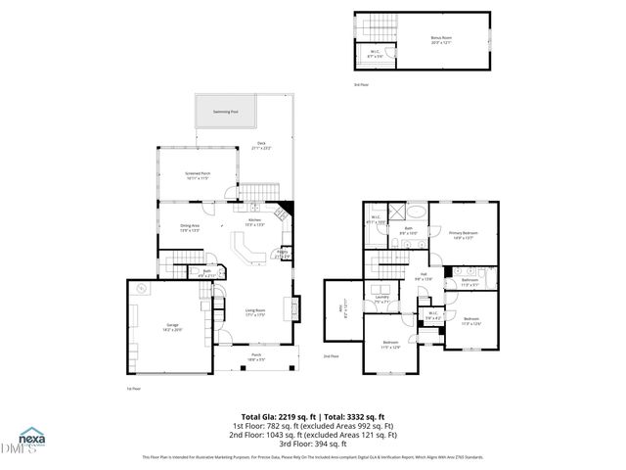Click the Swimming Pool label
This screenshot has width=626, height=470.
226,112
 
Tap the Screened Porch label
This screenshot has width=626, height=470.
199,175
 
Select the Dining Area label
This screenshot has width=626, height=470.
190,227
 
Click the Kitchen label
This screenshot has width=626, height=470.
254,222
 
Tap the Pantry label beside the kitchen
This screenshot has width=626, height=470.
281,253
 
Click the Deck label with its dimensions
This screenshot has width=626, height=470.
260,146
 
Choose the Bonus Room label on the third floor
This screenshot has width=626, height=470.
442,39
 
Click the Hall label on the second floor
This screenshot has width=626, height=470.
424,276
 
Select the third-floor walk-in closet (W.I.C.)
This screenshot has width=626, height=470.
375,56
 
